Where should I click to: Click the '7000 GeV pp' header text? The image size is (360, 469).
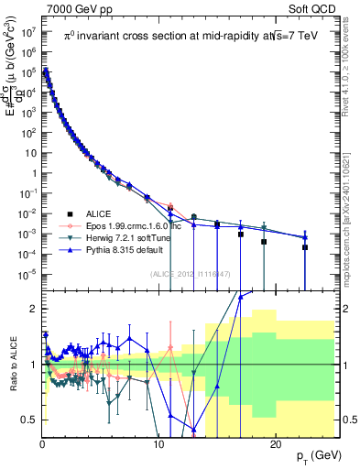coord(74,8)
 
